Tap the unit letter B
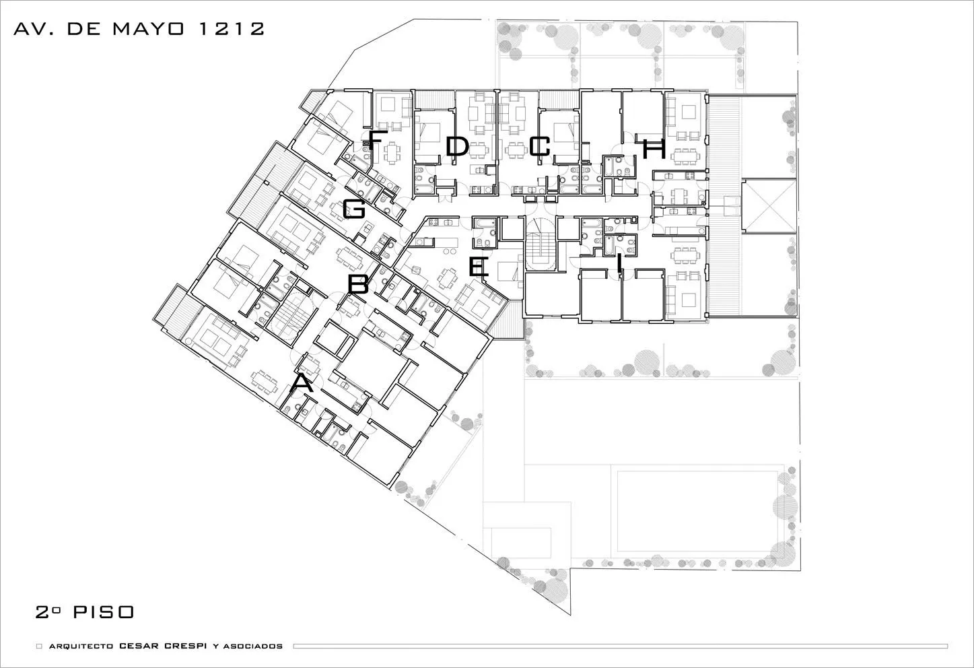(358, 285)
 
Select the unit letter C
(540, 146)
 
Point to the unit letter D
(457, 146)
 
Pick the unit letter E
(479, 267)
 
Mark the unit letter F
(374, 141)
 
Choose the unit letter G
(354, 209)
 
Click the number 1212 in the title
(232, 29)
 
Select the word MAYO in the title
(148, 29)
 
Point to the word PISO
(104, 612)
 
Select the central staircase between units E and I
(541, 244)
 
